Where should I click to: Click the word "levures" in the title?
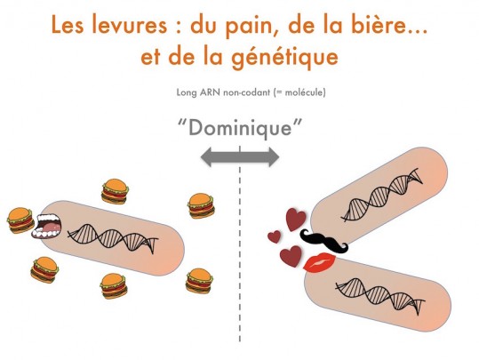tap(129, 25)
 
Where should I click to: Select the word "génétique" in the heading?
tap(284, 58)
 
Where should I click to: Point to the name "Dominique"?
tap(240, 128)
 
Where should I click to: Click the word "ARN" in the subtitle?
tap(211, 92)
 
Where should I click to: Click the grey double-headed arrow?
tap(240, 156)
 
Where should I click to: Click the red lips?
tap(320, 262)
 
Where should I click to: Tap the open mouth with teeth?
tap(47, 226)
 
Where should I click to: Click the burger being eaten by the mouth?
tap(20, 220)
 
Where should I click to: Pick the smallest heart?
tap(275, 236)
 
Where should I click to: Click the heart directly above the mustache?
tap(296, 219)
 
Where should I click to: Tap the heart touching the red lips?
tap(291, 256)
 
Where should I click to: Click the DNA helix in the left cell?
tap(113, 238)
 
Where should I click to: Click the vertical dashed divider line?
tap(240, 244)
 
